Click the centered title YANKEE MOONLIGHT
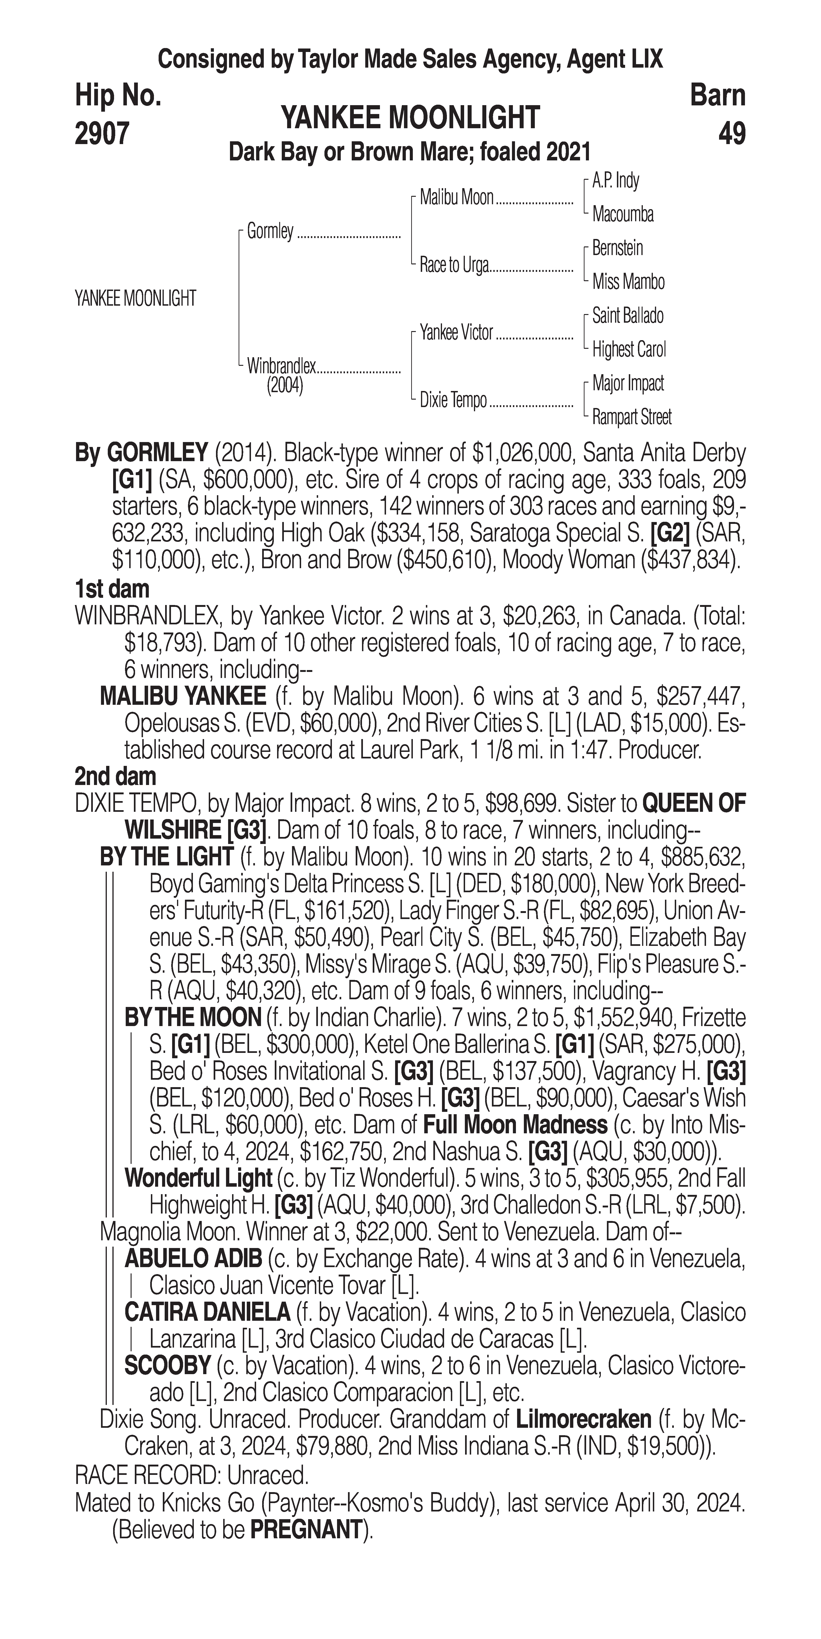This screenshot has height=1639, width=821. (x=410, y=118)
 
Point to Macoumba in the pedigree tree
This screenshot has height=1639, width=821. (x=623, y=214)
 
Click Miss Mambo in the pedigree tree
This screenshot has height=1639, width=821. (x=628, y=282)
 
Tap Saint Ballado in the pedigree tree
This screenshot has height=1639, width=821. (x=627, y=316)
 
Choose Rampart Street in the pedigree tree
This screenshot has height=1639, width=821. (x=631, y=417)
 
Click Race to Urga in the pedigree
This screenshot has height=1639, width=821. (x=454, y=265)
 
